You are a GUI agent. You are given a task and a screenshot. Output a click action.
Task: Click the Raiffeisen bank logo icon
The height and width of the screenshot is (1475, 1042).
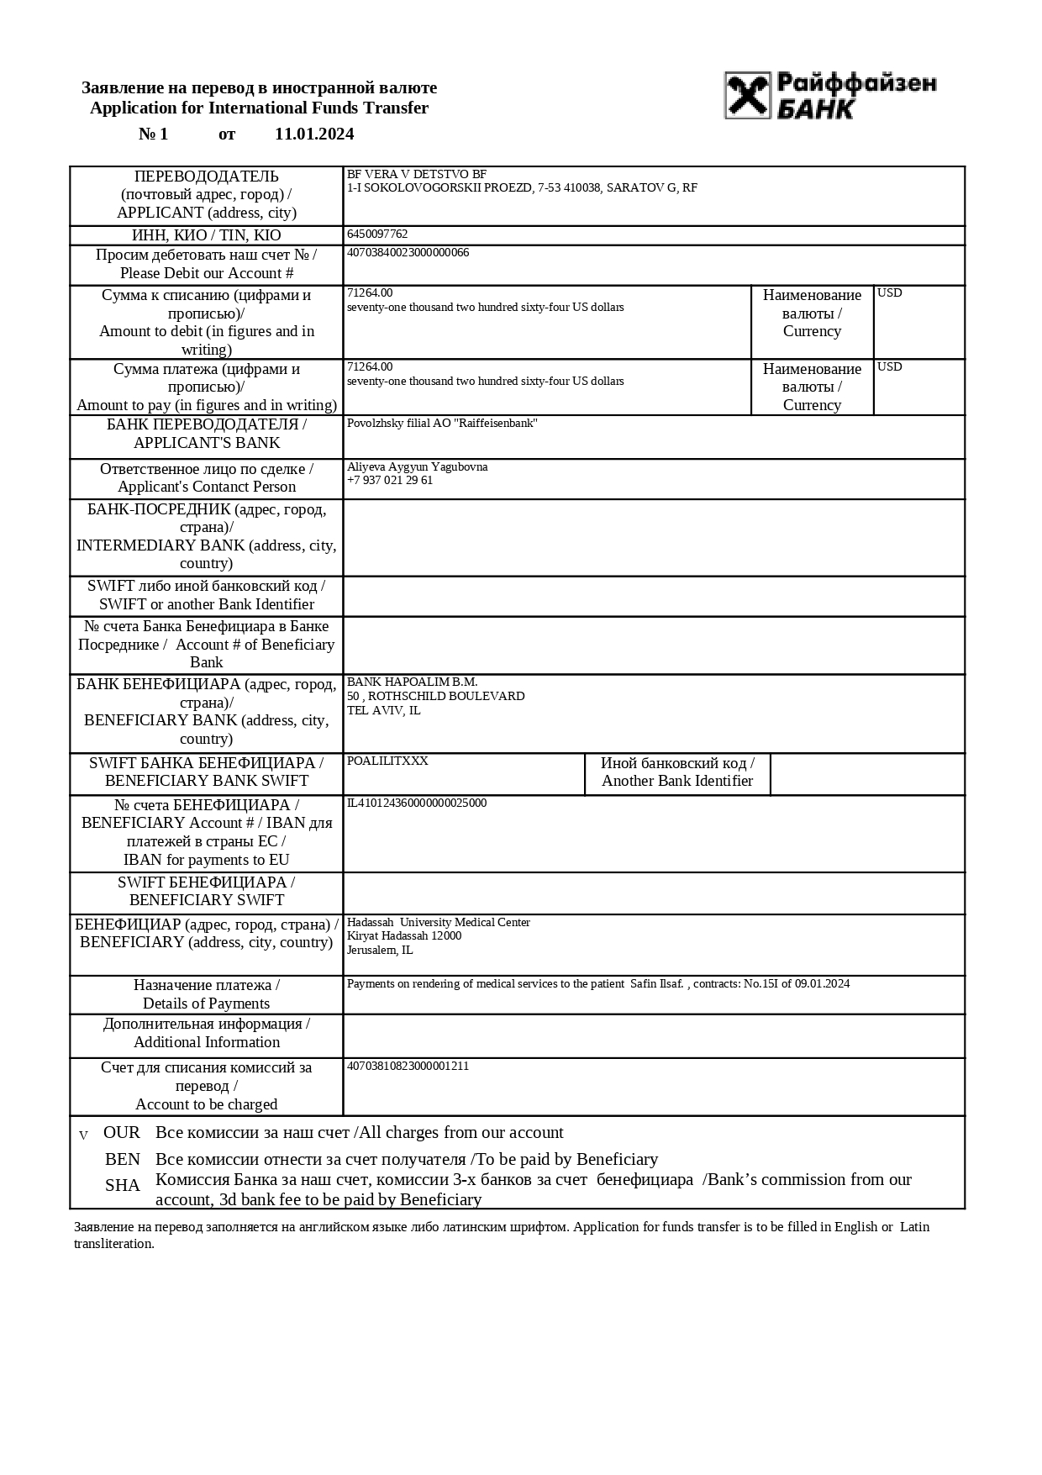pos(747,95)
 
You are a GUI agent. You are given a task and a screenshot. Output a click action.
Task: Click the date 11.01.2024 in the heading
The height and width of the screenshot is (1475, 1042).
pos(314,134)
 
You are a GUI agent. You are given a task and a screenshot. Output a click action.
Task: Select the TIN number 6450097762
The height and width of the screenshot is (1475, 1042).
pos(377,234)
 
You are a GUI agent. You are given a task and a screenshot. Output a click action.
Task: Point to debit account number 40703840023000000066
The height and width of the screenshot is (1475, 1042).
pos(408,252)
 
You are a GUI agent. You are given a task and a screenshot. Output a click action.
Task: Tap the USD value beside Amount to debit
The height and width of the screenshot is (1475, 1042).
pos(889,292)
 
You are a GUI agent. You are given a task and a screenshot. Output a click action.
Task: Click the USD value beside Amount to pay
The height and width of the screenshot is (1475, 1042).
pos(889,366)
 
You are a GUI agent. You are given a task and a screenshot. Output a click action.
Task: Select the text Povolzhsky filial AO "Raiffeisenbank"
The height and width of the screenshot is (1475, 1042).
pos(442,423)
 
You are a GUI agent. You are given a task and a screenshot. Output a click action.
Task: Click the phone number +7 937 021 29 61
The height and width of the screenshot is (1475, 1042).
pos(390,480)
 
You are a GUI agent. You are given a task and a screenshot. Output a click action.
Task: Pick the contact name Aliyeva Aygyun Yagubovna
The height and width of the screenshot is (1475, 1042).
pos(417,466)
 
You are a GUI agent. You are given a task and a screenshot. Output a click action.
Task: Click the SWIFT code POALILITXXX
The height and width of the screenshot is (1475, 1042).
pos(387,761)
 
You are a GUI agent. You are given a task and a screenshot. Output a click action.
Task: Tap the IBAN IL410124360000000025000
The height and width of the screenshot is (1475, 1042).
pos(417,803)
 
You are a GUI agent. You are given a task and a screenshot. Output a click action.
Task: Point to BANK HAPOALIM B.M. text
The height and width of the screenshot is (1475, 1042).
pos(412,682)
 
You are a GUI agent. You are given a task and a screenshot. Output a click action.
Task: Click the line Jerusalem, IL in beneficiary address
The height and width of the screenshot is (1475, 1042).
pos(380,950)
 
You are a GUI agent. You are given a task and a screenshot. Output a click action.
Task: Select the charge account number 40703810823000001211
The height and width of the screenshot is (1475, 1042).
pos(408,1066)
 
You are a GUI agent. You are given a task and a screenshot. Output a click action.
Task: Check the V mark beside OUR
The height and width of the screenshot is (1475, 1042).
pos(83,1135)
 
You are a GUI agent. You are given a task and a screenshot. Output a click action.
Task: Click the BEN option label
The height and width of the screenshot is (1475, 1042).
pos(123,1159)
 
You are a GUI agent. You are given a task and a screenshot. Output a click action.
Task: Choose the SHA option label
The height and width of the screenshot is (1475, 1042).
pos(123,1185)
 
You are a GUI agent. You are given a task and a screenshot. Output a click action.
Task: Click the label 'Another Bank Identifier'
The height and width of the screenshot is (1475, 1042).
pos(677,781)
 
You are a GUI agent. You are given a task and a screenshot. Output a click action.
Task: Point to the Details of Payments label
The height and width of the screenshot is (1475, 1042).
pos(206,1003)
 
